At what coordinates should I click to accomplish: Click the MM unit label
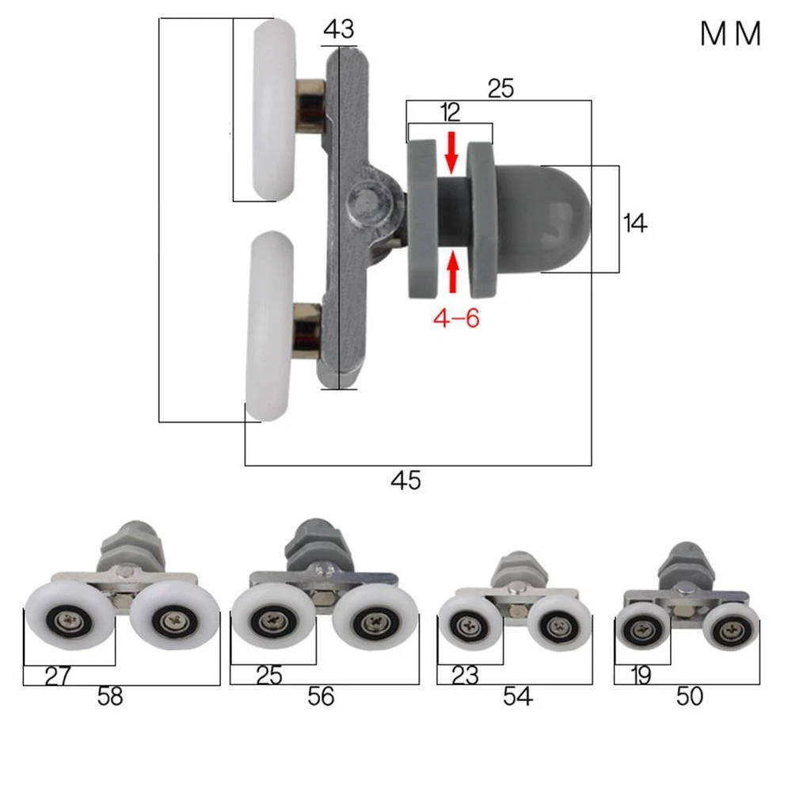click(730, 34)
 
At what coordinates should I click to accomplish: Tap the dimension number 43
click(339, 29)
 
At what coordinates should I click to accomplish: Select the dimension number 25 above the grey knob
click(501, 89)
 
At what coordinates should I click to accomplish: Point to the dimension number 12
click(450, 112)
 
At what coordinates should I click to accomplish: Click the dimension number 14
click(635, 223)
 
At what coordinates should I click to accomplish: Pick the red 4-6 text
click(456, 318)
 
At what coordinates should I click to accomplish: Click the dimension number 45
click(406, 480)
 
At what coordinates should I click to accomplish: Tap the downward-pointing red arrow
click(451, 152)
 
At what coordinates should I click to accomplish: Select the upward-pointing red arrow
click(453, 271)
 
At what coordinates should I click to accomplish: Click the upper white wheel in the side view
click(274, 109)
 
